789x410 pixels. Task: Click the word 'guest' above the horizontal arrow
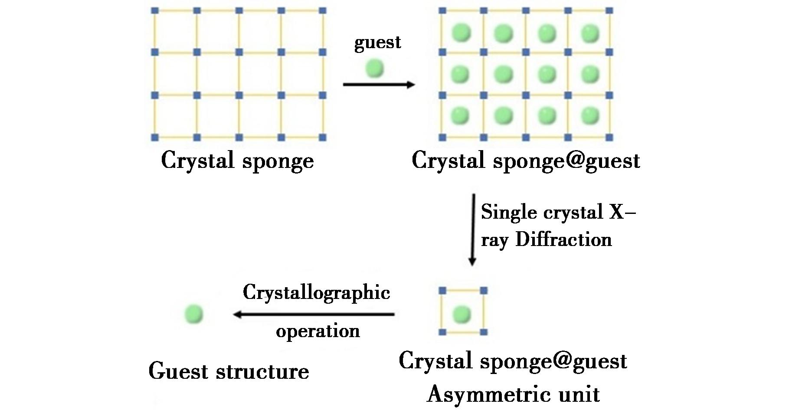[x=377, y=43]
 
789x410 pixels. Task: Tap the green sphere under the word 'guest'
[x=375, y=68]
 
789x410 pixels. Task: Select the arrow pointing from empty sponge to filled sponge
[x=379, y=84]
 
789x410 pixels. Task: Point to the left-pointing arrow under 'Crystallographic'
[x=314, y=314]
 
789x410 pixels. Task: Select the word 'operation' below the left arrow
[x=318, y=331]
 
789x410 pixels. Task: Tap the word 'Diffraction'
[x=563, y=239]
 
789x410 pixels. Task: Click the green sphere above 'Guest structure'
[x=194, y=314]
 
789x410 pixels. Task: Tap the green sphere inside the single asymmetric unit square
[x=462, y=314]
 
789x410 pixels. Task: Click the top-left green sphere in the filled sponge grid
[x=461, y=33]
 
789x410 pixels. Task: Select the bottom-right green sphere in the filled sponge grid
[x=589, y=116]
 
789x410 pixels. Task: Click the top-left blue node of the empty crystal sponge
[x=155, y=10]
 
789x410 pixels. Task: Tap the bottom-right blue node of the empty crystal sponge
[x=322, y=138]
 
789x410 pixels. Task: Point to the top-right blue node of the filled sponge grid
[x=609, y=10]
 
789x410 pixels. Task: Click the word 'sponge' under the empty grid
[x=278, y=161]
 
